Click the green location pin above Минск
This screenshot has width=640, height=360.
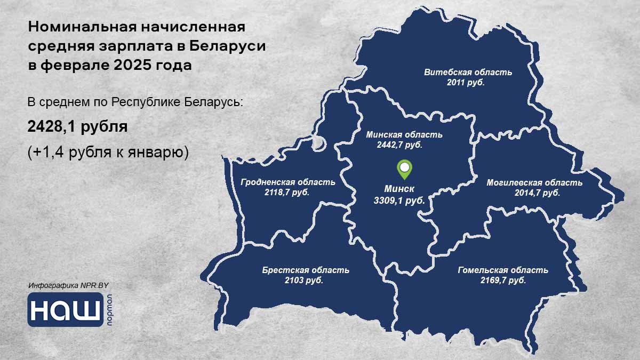[x=405, y=170]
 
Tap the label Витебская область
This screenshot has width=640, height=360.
[x=468, y=72]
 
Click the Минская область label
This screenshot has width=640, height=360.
[x=404, y=134]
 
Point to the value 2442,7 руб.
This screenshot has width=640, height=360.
[x=403, y=145]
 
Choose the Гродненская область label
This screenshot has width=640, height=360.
[x=287, y=182]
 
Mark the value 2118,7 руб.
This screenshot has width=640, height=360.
[x=287, y=192]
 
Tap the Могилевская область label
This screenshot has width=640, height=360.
[x=534, y=182]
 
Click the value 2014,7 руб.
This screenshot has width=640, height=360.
[x=537, y=193]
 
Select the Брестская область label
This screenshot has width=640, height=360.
[x=305, y=270]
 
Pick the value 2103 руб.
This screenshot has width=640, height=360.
[x=304, y=280]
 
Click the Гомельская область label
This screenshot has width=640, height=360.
[x=502, y=270]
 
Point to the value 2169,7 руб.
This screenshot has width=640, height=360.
[x=503, y=280]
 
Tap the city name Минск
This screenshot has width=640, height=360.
[x=399, y=189]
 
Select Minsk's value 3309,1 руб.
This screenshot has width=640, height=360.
[x=399, y=201]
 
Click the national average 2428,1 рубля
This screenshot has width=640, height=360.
[x=77, y=127]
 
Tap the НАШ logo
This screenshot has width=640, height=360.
[x=66, y=310]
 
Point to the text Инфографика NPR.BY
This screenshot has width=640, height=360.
[x=69, y=286]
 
